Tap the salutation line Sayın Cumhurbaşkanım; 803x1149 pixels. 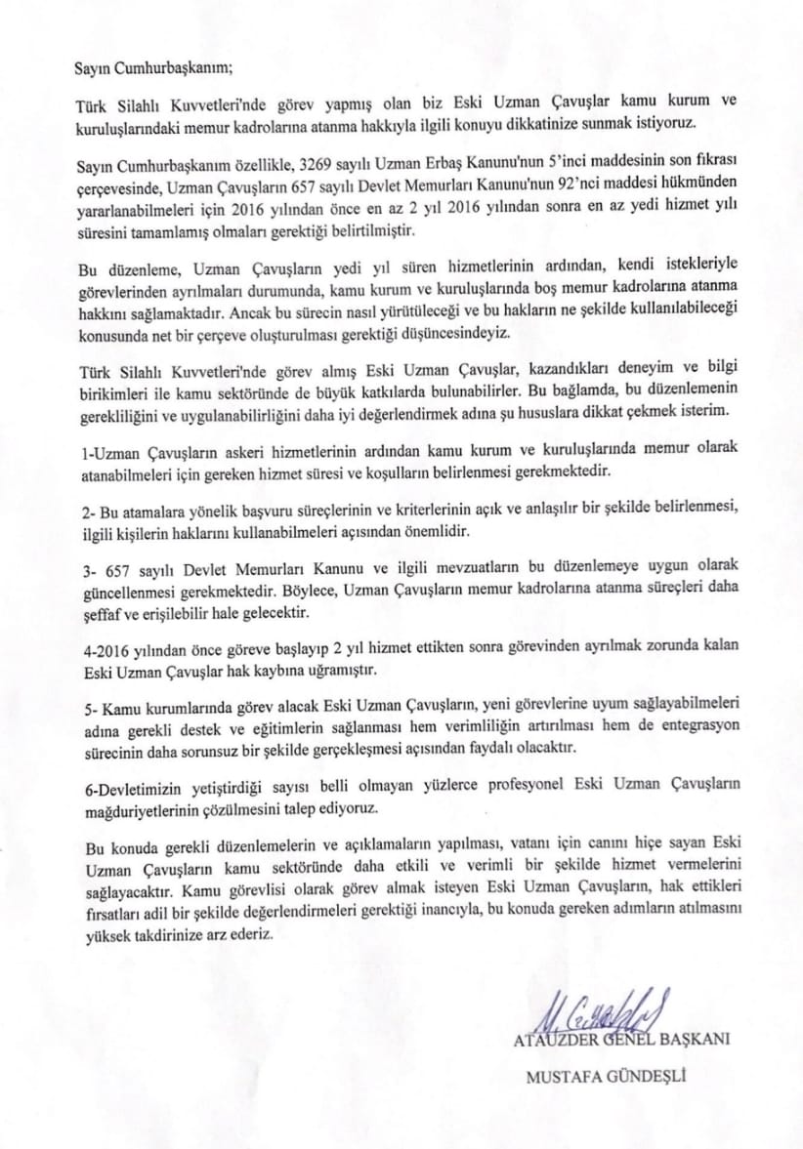(153, 68)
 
